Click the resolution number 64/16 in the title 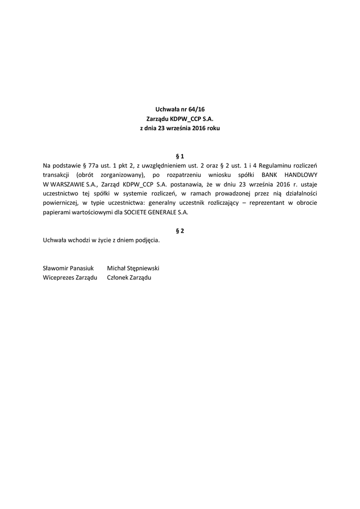point(197,109)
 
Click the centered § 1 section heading point(180,155)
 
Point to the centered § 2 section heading point(180,231)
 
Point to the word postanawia point(187,184)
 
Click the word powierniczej point(62,203)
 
